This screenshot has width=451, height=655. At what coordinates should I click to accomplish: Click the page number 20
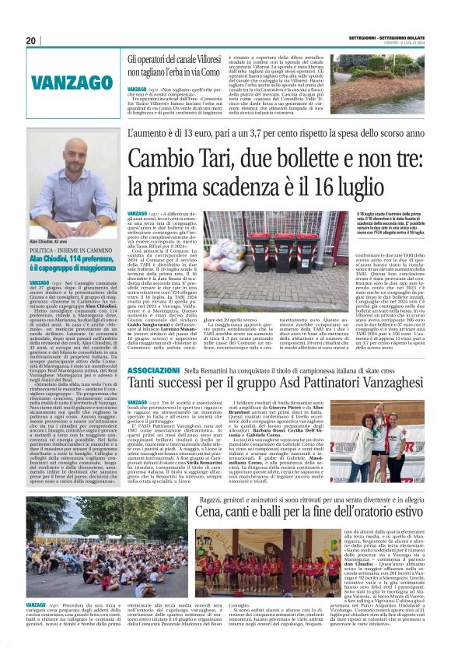pos(31,41)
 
